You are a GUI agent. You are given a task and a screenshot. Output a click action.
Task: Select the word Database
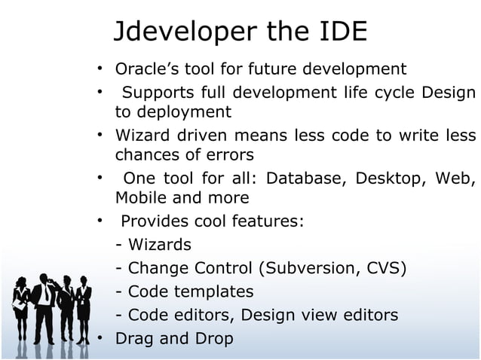point(302,178)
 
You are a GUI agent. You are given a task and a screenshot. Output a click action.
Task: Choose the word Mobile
point(140,198)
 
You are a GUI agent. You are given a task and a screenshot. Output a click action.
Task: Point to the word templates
point(216,291)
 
